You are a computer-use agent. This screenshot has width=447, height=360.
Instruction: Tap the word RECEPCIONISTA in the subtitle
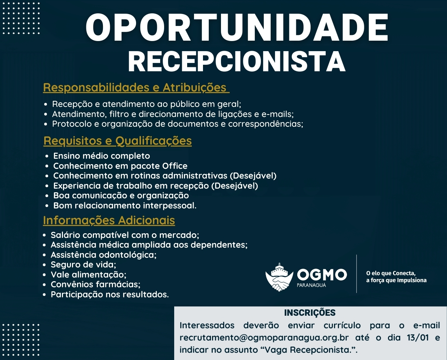click(237, 62)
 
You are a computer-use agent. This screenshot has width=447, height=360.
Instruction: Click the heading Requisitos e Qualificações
click(117, 141)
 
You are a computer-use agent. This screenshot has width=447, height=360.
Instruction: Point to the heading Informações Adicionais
click(109, 220)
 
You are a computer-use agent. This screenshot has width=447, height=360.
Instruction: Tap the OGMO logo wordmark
click(322, 275)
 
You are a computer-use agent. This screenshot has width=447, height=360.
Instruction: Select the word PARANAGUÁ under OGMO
click(311, 285)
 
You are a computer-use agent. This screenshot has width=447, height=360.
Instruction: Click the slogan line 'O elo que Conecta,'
click(390, 273)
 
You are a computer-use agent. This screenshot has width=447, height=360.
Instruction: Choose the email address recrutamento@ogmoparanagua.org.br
click(264, 338)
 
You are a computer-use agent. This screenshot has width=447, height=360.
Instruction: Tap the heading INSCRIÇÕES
click(310, 312)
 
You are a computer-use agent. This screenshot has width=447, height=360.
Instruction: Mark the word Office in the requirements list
click(175, 166)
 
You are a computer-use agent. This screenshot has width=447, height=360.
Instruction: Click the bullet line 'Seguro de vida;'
click(83, 265)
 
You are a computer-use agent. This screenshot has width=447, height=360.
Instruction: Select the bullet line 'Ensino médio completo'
click(101, 156)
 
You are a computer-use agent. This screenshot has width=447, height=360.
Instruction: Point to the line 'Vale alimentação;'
click(88, 275)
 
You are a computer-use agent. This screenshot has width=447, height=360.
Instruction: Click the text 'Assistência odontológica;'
click(103, 255)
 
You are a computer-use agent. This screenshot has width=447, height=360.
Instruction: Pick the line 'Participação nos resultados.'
click(109, 294)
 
